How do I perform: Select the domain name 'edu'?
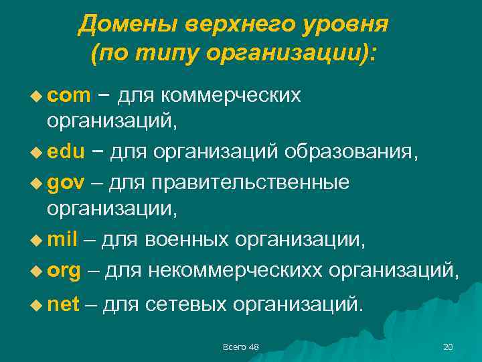[x=66, y=152]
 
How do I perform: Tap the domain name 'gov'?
[x=67, y=183]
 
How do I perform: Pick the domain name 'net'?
[x=64, y=305]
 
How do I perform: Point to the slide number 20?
[x=448, y=347]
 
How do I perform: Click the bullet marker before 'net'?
[x=37, y=306]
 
